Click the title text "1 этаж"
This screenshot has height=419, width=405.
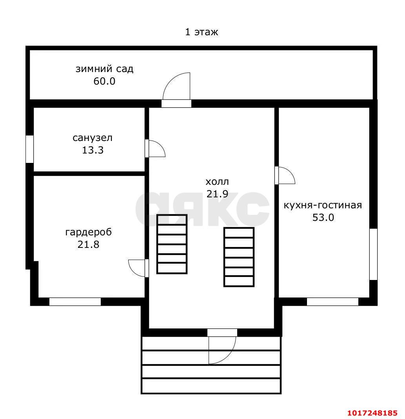click(x=202, y=32)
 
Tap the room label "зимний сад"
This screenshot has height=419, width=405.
click(x=104, y=69)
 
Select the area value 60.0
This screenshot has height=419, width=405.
click(x=104, y=81)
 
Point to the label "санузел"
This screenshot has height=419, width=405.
click(x=93, y=138)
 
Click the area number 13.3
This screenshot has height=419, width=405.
click(x=93, y=150)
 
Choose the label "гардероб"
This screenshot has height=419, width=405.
click(x=89, y=232)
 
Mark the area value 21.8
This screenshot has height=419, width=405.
click(x=89, y=244)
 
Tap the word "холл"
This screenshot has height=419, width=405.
click(x=217, y=182)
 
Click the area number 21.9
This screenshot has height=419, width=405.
click(x=217, y=194)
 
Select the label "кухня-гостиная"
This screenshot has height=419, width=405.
click(x=323, y=205)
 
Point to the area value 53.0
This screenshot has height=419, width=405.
click(x=323, y=217)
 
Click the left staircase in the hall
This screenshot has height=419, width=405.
click(x=172, y=244)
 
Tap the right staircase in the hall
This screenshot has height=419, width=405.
click(x=239, y=257)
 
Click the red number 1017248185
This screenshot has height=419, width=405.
click(x=372, y=413)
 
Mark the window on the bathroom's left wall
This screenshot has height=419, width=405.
click(x=29, y=149)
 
